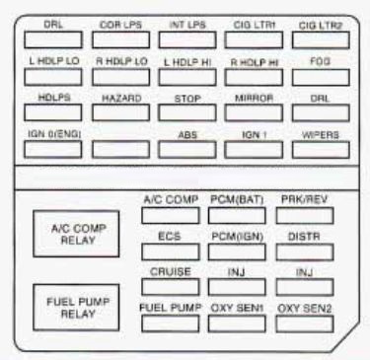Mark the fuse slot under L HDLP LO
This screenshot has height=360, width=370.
coord(51,77)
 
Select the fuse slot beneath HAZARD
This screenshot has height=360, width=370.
coord(117,115)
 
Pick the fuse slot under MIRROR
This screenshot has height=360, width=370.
coord(250,115)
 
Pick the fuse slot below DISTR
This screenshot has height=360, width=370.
coord(301,252)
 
